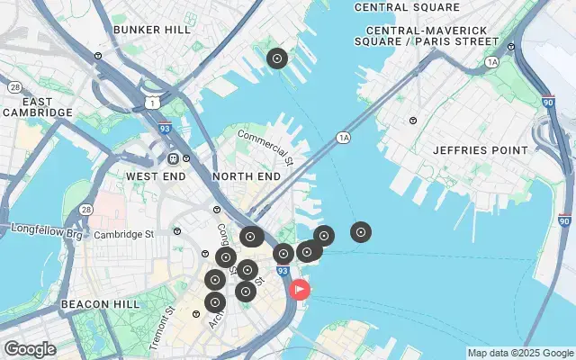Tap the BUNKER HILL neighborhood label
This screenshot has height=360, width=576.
click(152, 30)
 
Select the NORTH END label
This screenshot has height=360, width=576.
click(247, 177)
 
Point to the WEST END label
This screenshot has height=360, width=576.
click(155, 176)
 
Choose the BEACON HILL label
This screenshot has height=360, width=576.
click(100, 305)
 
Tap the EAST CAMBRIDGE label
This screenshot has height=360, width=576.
click(37, 106)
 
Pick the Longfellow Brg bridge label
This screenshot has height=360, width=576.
click(46, 230)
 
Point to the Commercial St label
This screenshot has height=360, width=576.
click(265, 148)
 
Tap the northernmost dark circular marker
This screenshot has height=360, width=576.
click(277, 59)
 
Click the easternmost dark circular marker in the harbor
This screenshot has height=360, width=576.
click(361, 232)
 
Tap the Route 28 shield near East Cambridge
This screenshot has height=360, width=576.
click(15, 87)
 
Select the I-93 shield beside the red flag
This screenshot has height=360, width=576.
click(283, 271)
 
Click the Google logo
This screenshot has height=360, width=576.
click(30, 348)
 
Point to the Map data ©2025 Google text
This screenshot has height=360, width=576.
click(520, 353)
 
